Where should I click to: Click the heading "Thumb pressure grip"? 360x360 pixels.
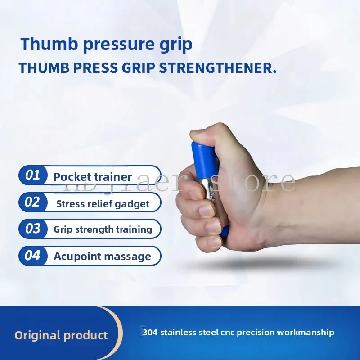pyautogui.click(x=107, y=45)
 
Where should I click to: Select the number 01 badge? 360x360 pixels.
pyautogui.click(x=32, y=175)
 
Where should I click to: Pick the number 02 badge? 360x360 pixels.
pyautogui.click(x=32, y=202)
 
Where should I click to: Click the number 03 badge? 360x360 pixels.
pyautogui.click(x=32, y=229)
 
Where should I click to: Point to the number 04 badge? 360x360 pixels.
pyautogui.click(x=32, y=256)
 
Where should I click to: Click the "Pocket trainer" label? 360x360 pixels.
pyautogui.click(x=93, y=176)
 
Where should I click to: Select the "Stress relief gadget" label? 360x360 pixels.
pyautogui.click(x=103, y=204)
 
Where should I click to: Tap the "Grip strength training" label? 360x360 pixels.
pyautogui.click(x=103, y=229)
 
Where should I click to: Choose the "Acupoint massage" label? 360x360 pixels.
pyautogui.click(x=102, y=256)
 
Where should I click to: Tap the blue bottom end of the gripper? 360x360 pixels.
pyautogui.click(x=224, y=232)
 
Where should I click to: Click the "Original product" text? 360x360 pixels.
pyautogui.click(x=61, y=335)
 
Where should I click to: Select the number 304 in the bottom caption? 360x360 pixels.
pyautogui.click(x=149, y=333)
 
